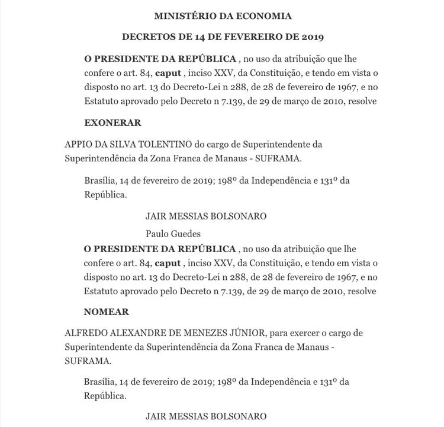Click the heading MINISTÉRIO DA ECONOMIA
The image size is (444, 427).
click(223, 15)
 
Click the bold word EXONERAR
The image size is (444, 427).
click(112, 123)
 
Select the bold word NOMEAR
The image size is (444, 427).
click(107, 311)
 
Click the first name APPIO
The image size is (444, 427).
click(79, 145)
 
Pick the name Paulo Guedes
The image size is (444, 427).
click(173, 234)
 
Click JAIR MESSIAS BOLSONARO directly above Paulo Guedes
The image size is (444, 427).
click(206, 216)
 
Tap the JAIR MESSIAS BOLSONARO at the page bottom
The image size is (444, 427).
click(206, 416)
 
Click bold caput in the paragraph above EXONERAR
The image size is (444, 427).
click(168, 73)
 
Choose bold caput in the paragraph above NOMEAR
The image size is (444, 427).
click(168, 262)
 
